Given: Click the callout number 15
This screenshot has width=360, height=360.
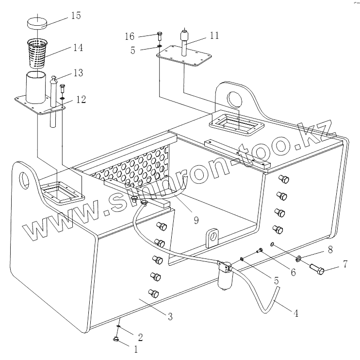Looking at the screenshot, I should (75, 16).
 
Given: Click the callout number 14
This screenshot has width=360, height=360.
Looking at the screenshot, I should (78, 48).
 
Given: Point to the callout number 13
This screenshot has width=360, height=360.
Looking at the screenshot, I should (78, 73).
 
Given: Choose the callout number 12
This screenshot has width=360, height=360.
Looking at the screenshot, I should (81, 100).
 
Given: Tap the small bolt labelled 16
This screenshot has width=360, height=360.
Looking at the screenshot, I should (161, 35).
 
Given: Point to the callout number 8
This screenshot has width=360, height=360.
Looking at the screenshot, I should (330, 250).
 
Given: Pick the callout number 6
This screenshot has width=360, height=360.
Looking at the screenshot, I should (293, 273).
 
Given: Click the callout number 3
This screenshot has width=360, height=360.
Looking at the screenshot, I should (170, 317).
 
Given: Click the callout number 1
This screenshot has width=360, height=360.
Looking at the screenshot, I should (136, 349).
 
